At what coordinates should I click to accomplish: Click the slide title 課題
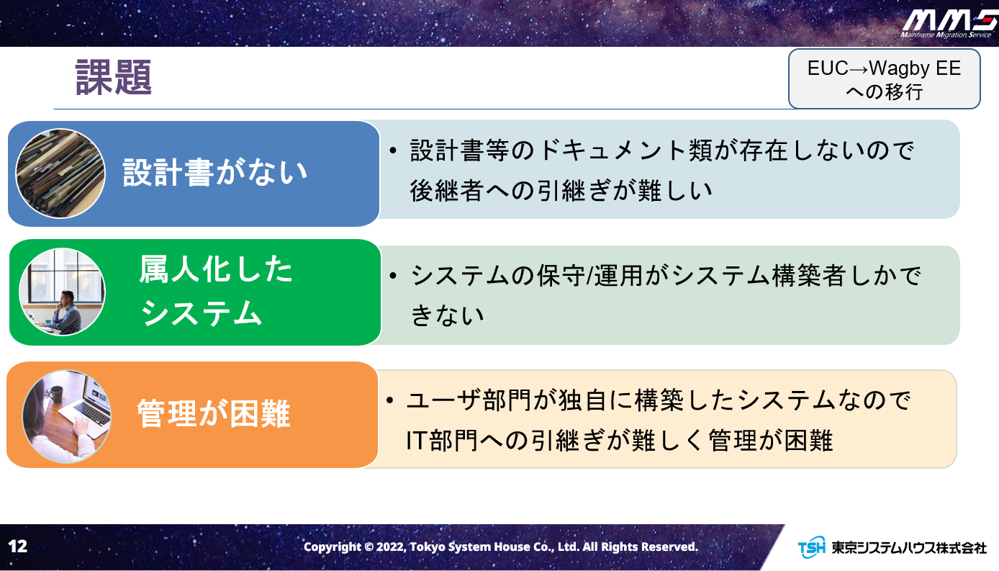point(114,78)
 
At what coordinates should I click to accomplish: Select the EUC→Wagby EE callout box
point(884,79)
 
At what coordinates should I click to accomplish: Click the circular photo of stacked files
point(60,174)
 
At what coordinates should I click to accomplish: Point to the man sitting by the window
point(67,313)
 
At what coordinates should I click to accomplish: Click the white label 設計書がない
point(215,173)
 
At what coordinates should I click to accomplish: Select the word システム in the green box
point(201,313)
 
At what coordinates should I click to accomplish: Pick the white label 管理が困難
point(214,413)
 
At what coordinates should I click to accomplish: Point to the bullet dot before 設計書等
point(392,150)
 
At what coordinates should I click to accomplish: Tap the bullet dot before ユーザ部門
point(390,400)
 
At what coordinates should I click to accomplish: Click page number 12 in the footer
point(18,546)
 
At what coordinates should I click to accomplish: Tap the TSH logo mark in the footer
point(811,547)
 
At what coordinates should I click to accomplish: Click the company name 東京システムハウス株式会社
point(908,547)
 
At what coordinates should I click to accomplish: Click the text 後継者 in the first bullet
point(447,191)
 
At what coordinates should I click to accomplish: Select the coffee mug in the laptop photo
point(57,394)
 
